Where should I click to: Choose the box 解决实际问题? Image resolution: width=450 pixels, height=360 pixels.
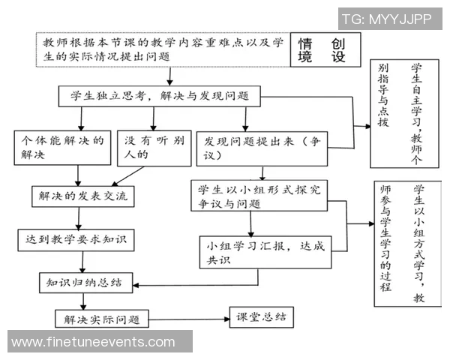[103, 318]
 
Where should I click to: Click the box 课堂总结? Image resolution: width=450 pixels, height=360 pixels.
[262, 317]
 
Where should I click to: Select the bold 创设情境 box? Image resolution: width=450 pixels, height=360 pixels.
[322, 50]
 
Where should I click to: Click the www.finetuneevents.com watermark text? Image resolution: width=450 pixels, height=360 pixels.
[94, 342]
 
